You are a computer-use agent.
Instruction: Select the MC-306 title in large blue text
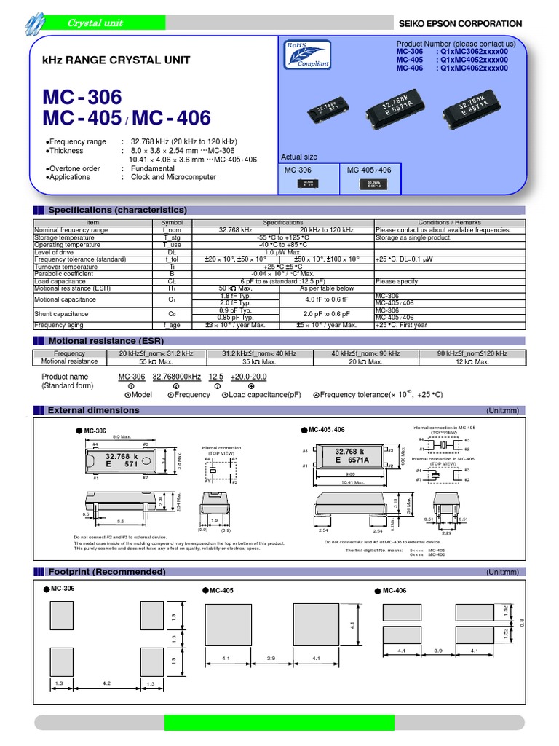[x=84, y=97]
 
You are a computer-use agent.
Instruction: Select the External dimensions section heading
[x=93, y=410]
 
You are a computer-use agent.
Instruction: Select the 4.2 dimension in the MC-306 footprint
[x=107, y=683]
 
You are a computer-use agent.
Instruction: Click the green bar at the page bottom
[x=279, y=722]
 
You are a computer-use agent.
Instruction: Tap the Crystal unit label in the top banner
[x=95, y=23]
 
